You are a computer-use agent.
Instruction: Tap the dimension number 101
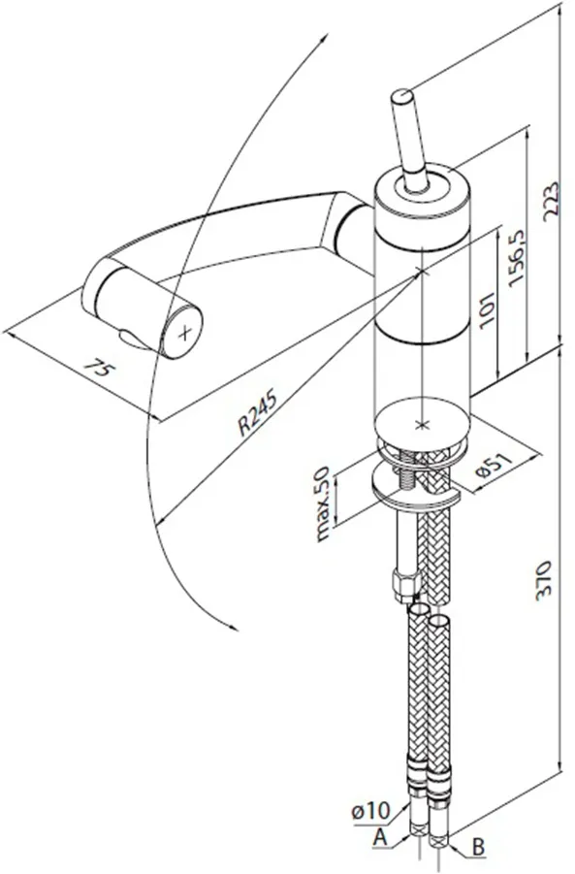tap(487, 308)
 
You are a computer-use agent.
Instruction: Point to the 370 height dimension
tap(543, 580)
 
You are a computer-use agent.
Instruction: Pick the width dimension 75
tap(100, 369)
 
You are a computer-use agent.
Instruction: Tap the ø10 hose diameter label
tap(371, 811)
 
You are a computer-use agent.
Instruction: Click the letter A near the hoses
tap(380, 837)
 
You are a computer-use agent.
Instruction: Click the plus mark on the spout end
tap(184, 334)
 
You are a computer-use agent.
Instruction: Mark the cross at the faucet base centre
tap(422, 425)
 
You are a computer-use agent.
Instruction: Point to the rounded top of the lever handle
tap(401, 96)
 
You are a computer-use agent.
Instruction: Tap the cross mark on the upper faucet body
tap(422, 272)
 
